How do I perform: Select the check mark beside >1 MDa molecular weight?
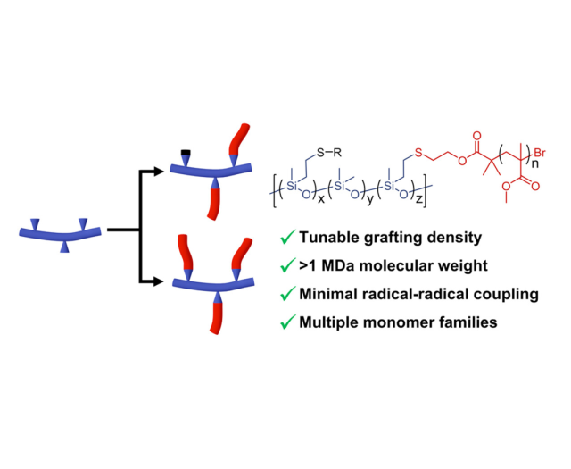pyautogui.click(x=287, y=265)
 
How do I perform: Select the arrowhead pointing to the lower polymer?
pyautogui.click(x=163, y=283)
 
